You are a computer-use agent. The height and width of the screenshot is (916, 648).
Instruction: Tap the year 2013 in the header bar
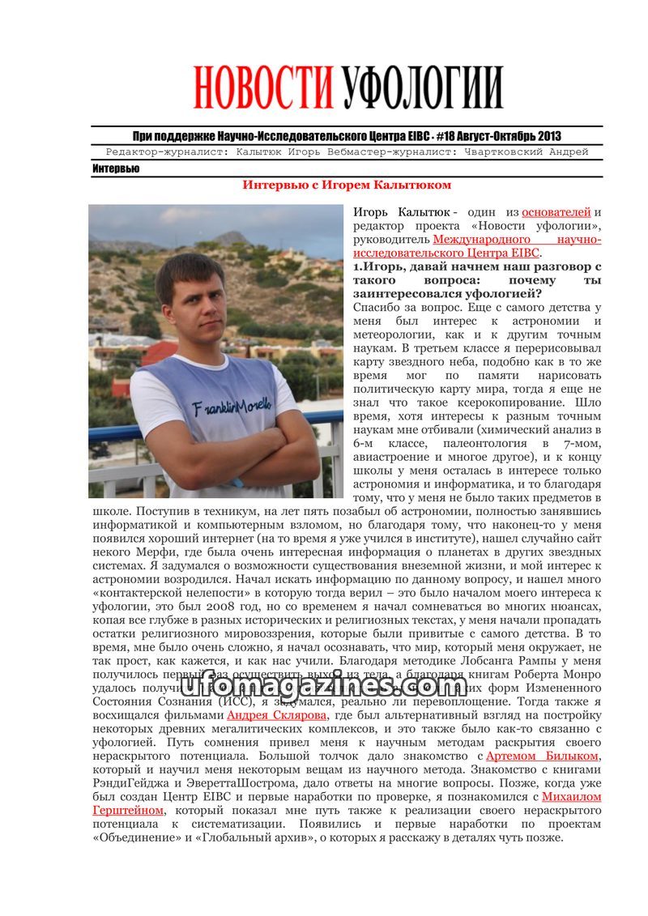547,136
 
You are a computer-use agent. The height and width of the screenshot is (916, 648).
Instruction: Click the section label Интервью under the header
115,168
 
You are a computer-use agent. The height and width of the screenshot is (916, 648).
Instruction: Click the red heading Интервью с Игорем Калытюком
347,185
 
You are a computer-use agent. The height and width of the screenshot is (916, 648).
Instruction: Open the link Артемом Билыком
542,756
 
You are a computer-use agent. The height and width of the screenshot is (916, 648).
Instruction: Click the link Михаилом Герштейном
571,796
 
